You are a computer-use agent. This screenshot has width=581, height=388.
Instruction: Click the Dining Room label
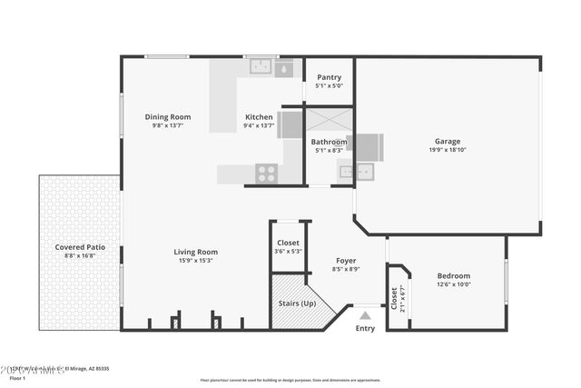pyautogui.click(x=168, y=116)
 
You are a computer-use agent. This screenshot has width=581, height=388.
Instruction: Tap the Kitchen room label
pyautogui.click(x=259, y=116)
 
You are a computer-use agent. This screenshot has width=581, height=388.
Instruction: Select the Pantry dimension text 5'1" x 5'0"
pyautogui.click(x=329, y=86)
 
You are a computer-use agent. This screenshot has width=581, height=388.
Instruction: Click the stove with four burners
pyautogui.click(x=266, y=173)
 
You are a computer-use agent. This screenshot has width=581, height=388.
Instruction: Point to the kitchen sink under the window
pyautogui.click(x=261, y=66)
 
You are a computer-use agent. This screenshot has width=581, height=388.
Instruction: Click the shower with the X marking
pyautogui.click(x=328, y=121)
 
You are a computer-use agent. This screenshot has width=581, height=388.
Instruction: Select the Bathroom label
pyautogui.click(x=329, y=142)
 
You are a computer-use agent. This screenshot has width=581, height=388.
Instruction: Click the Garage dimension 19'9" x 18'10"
pyautogui.click(x=447, y=151)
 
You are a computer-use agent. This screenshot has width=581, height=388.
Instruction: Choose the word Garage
pyautogui.click(x=447, y=141)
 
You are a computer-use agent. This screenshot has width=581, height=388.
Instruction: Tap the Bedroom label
pyautogui.click(x=454, y=275)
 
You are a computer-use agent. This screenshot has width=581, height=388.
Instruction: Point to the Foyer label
pyautogui.click(x=347, y=261)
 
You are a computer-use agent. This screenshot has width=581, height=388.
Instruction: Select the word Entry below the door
pyautogui.click(x=365, y=328)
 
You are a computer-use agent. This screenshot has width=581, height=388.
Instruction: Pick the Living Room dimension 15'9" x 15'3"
pyautogui.click(x=196, y=262)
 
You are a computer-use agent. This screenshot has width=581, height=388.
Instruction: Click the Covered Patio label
pyautogui.click(x=80, y=246)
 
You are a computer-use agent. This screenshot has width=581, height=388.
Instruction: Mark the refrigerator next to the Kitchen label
pyautogui.click(x=290, y=124)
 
